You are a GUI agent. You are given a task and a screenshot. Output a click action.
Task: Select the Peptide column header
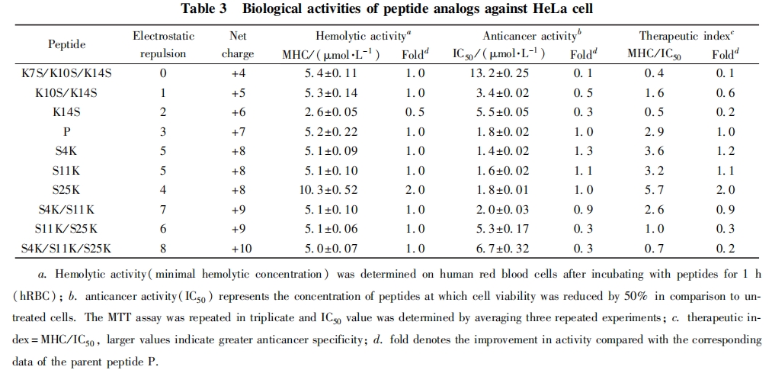coord(67,45)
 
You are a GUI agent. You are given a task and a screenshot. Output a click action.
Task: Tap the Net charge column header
coord(238,45)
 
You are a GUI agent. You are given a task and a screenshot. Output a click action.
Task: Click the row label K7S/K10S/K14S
coord(67,73)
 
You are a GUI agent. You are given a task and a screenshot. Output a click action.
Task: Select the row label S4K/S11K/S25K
coord(67,248)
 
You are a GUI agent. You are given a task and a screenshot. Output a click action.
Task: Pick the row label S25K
coord(67,190)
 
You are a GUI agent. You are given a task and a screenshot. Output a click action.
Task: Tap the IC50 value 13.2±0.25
coord(498,73)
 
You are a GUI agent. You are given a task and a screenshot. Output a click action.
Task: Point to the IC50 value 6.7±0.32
coord(498,248)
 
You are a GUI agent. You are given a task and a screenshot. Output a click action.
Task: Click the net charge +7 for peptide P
coord(239,132)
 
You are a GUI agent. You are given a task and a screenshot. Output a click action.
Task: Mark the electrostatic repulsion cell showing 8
coord(163,248)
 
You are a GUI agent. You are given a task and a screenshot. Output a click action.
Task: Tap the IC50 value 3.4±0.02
coord(498,93)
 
